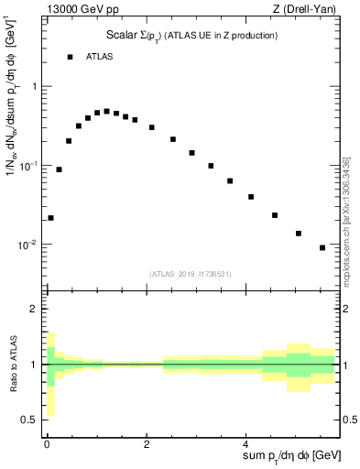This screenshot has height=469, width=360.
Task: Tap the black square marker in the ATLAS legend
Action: pyautogui.click(x=70, y=57)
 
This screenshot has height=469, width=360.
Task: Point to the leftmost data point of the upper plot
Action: pyautogui.click(x=50, y=218)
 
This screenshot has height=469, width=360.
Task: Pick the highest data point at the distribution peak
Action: pyautogui.click(x=106, y=112)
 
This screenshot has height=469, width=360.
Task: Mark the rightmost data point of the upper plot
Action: pyautogui.click(x=322, y=247)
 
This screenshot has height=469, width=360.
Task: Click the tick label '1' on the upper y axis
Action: pyautogui.click(x=35, y=86)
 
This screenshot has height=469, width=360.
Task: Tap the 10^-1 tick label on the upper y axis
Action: pyautogui.click(x=30, y=166)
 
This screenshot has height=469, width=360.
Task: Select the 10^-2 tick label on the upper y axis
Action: pyautogui.click(x=30, y=245)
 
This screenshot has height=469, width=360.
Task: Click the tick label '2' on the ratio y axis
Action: pyautogui.click(x=35, y=309)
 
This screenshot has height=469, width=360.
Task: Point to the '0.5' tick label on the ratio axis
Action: pyautogui.click(x=30, y=420)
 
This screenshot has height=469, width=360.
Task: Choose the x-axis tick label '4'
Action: pyautogui.click(x=248, y=444)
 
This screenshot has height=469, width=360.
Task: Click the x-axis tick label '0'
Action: pyautogui.click(x=47, y=444)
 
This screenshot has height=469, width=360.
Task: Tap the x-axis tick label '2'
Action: pyautogui.click(x=147, y=444)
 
